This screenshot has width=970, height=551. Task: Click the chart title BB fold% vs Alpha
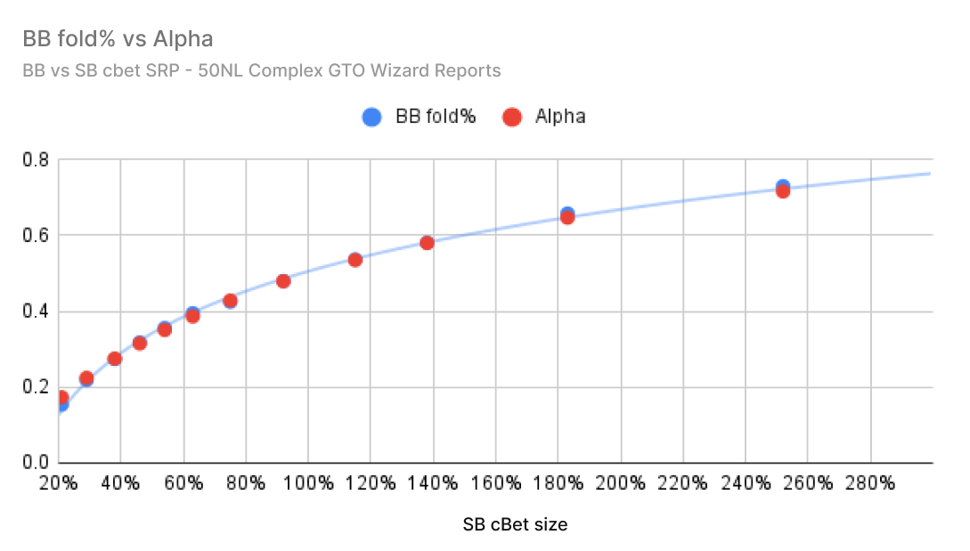pos(118,40)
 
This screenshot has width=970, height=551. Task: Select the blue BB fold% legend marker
pos(372,117)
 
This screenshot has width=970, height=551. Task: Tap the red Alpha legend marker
pos(511,117)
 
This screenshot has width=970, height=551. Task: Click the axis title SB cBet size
pos(515,524)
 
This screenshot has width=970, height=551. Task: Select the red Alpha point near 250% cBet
pos(783,190)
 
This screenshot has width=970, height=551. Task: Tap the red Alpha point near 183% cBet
pos(567,216)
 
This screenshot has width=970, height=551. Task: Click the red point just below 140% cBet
pos(427,243)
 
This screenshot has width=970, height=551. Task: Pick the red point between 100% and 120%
pos(355,260)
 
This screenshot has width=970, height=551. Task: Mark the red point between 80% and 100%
pos(283,281)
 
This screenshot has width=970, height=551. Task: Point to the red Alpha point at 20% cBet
pos(61,398)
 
